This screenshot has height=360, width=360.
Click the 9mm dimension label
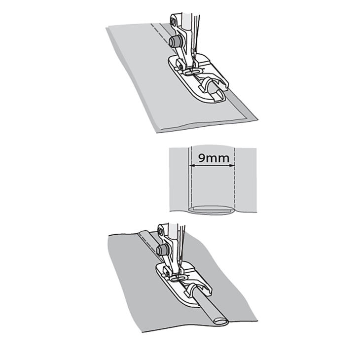pyautogui.click(x=214, y=158)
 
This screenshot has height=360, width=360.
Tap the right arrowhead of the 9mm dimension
pyautogui.click(x=232, y=165)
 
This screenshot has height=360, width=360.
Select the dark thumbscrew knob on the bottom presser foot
pyautogui.click(x=163, y=250)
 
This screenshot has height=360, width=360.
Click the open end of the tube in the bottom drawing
pyautogui.click(x=220, y=322)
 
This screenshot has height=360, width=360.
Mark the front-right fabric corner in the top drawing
pyautogui.click(x=257, y=119)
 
